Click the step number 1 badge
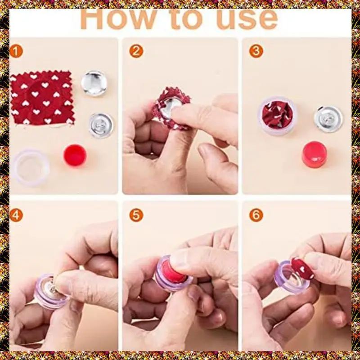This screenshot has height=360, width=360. (x=16, y=51)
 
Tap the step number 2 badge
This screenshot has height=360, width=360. (x=136, y=51)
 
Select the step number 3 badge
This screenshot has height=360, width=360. (x=256, y=51)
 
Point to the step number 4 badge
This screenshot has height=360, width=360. (x=16, y=216)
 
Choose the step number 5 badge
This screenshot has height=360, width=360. (x=136, y=216)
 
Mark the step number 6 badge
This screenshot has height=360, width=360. (x=256, y=216)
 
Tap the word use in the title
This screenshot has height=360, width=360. (x=247, y=21)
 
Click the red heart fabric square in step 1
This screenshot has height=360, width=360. (x=42, y=98)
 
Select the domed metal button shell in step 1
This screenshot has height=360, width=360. (x=94, y=83)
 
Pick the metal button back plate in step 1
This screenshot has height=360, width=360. (x=101, y=126)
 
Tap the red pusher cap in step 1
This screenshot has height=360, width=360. (x=75, y=155)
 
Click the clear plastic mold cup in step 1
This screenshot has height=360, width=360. (x=31, y=167)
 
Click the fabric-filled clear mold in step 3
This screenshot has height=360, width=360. (x=278, y=116)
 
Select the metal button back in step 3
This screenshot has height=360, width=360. (x=328, y=119)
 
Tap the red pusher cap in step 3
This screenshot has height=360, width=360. (x=314, y=154)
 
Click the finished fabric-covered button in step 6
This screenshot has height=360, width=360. (x=302, y=268)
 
